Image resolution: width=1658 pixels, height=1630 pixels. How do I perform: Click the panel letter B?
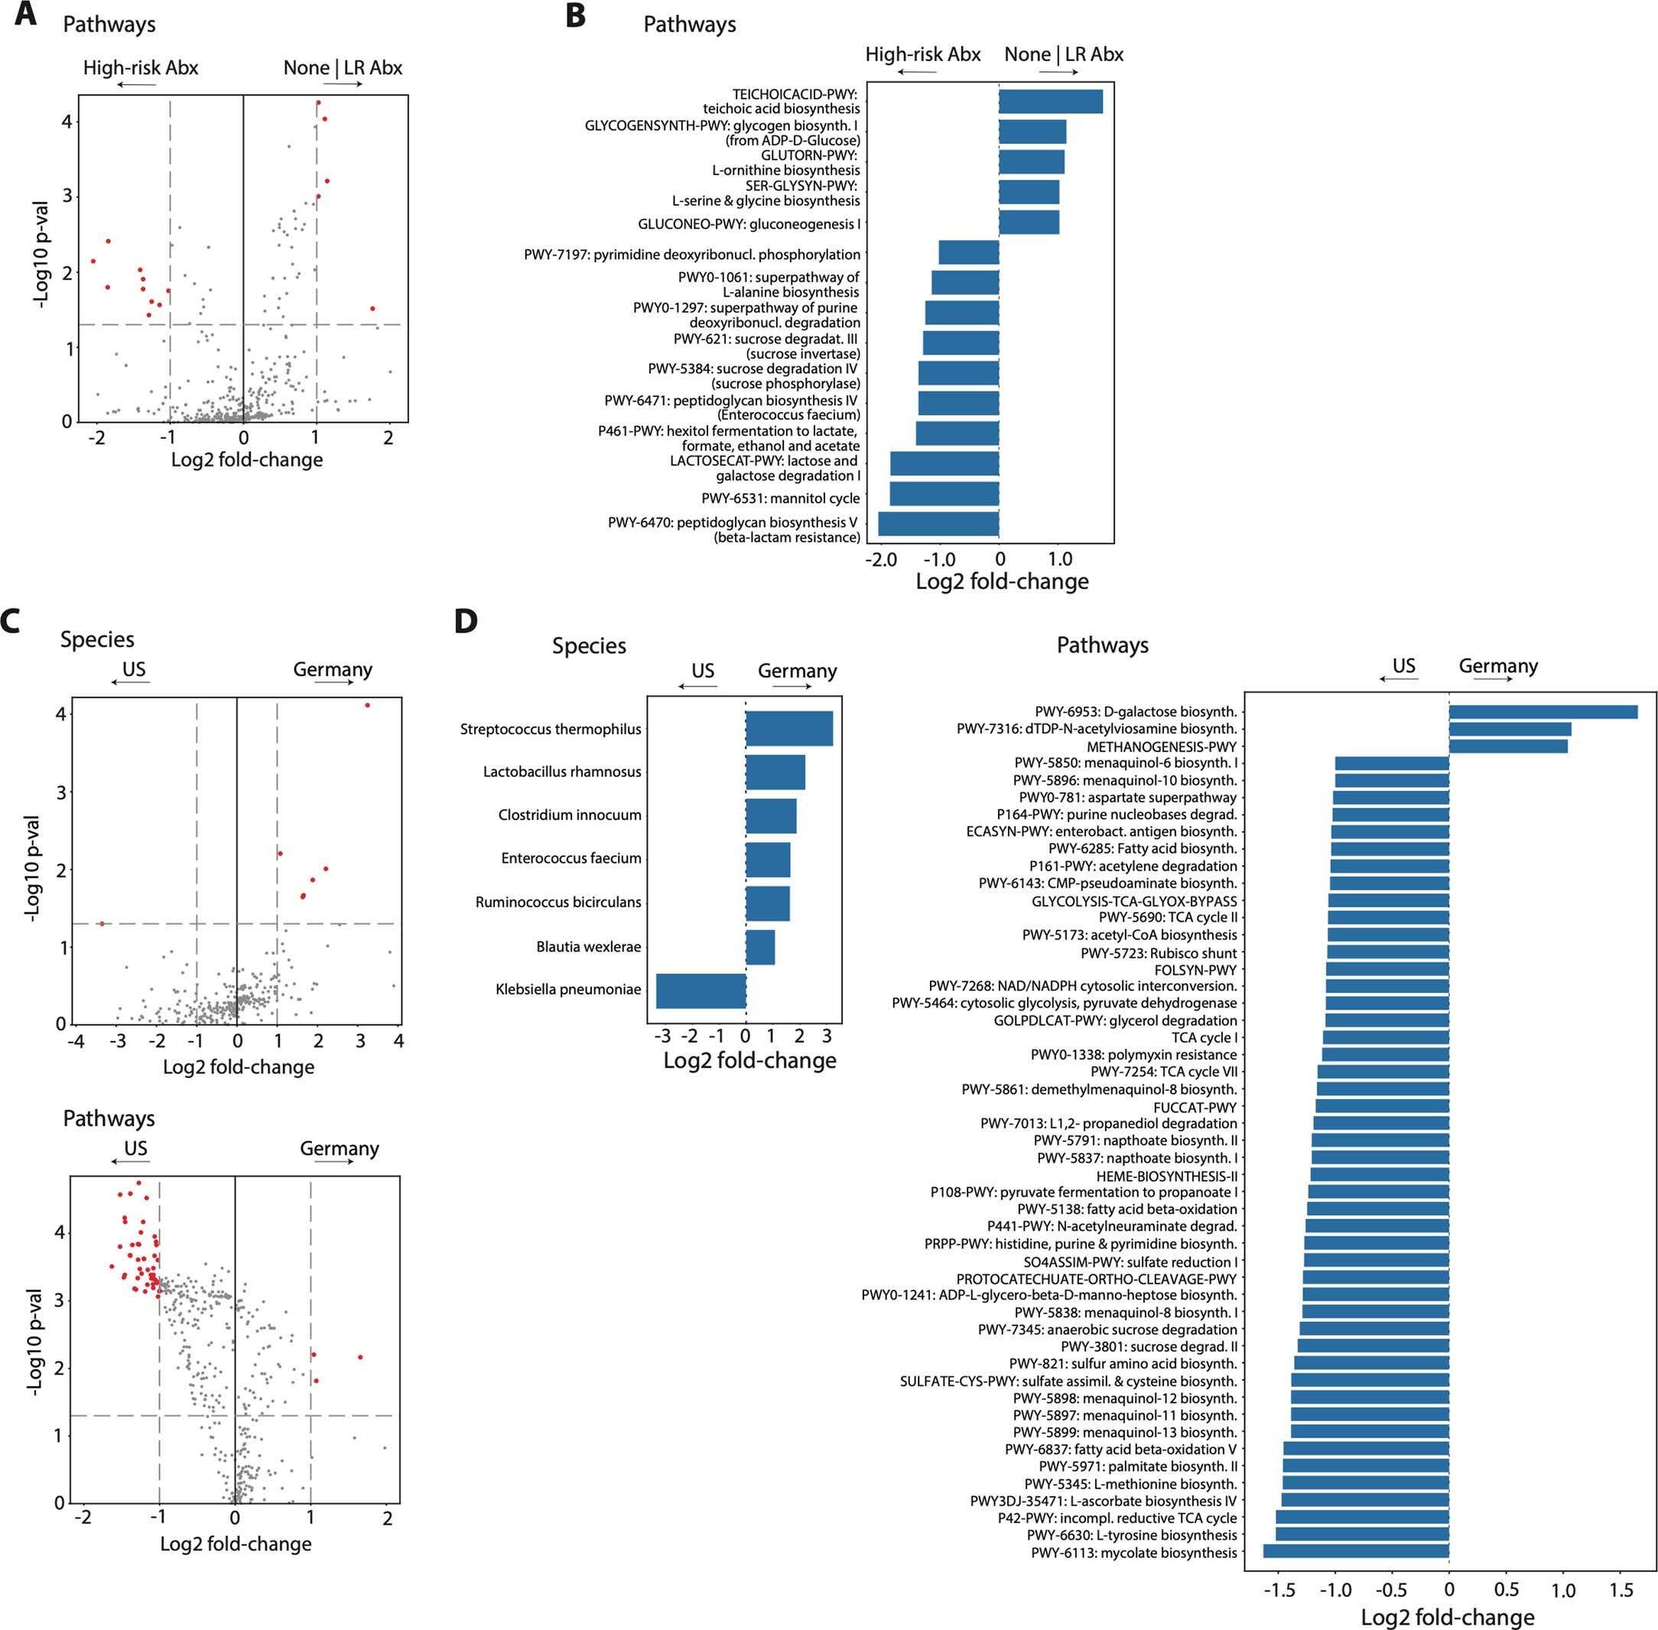coord(575,16)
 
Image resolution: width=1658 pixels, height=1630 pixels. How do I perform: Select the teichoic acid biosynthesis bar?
coord(1050,101)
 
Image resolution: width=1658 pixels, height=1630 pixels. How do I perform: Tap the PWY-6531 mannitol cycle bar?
coord(944,494)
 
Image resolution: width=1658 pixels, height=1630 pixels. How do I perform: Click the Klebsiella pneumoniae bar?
coord(701,991)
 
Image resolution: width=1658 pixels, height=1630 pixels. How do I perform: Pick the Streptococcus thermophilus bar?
coord(788,728)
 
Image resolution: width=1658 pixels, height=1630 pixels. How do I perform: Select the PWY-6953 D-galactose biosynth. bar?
coord(1543,711)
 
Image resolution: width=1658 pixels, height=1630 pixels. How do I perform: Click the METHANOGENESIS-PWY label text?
coord(1162,747)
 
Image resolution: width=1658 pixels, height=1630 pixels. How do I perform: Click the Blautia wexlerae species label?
coord(588,947)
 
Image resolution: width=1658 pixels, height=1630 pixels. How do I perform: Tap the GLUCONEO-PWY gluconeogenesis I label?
coord(749,224)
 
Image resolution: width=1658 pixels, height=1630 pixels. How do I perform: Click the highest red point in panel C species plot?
coord(367,705)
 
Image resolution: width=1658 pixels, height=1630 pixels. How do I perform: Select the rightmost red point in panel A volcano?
coord(372,308)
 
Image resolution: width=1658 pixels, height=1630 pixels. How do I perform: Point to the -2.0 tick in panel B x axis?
coord(881,560)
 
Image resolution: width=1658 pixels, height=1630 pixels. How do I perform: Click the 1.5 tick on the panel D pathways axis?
coord(1621,1591)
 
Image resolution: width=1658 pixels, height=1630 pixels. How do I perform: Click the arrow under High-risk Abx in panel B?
coord(918,72)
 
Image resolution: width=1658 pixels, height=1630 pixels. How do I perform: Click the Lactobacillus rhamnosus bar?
coord(775,773)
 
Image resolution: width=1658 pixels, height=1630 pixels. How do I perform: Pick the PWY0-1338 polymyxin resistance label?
coord(1133,1055)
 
